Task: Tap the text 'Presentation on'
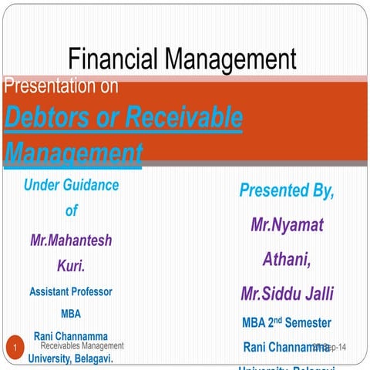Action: click(x=62, y=86)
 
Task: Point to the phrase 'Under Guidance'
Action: click(x=71, y=185)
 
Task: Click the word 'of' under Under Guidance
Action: click(x=71, y=210)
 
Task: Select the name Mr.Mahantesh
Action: click(x=71, y=240)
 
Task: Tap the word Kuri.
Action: click(x=71, y=266)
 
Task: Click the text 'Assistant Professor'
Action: click(x=71, y=292)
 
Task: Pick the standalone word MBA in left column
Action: click(x=71, y=314)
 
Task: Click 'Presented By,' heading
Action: click(x=287, y=190)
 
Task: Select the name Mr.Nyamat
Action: click(x=287, y=225)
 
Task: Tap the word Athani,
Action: click(x=287, y=260)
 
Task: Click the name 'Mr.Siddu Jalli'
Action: click(x=287, y=294)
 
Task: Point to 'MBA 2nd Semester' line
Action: click(x=287, y=322)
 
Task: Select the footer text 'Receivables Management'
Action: click(x=82, y=347)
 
